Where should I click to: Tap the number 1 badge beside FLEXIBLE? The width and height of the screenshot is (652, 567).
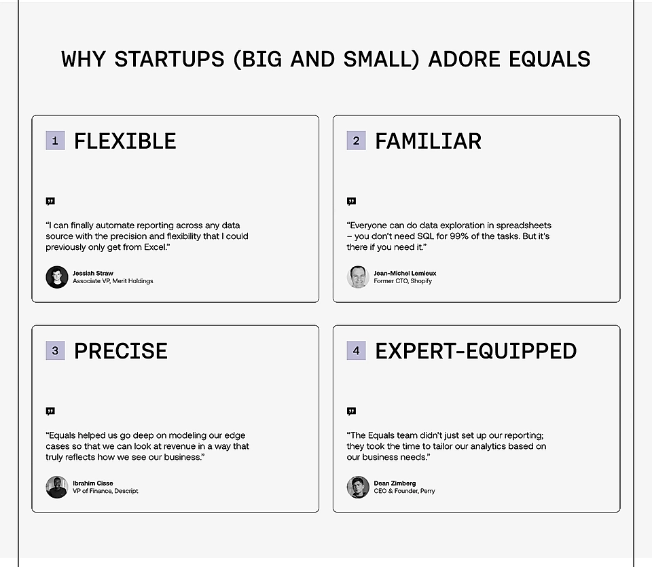[55, 141]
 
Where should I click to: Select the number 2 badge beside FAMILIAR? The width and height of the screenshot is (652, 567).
[356, 141]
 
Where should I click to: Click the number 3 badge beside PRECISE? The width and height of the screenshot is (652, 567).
[55, 350]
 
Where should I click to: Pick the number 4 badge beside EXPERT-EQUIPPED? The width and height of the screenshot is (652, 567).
[356, 350]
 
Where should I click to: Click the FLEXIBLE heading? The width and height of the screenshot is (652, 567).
[125, 141]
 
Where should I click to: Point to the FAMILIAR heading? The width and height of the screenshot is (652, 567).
[428, 141]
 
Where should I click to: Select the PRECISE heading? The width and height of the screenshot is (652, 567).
[121, 351]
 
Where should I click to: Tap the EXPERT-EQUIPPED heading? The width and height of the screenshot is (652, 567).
[475, 351]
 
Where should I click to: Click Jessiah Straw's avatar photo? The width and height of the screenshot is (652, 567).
[57, 277]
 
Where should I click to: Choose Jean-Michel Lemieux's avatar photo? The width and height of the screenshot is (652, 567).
[358, 277]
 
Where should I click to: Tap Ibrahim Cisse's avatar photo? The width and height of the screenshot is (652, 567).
[57, 487]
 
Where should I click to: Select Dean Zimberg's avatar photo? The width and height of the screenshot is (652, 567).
[358, 487]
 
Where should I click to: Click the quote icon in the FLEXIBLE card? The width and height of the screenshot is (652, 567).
[50, 201]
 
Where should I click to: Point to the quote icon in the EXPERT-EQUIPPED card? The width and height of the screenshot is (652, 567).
[351, 411]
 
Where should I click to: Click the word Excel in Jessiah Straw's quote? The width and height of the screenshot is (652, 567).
[153, 247]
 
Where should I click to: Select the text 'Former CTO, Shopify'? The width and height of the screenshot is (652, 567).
[403, 281]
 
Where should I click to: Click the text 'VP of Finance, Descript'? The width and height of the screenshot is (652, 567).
[105, 491]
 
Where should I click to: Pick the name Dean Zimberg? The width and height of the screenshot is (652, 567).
[395, 483]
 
